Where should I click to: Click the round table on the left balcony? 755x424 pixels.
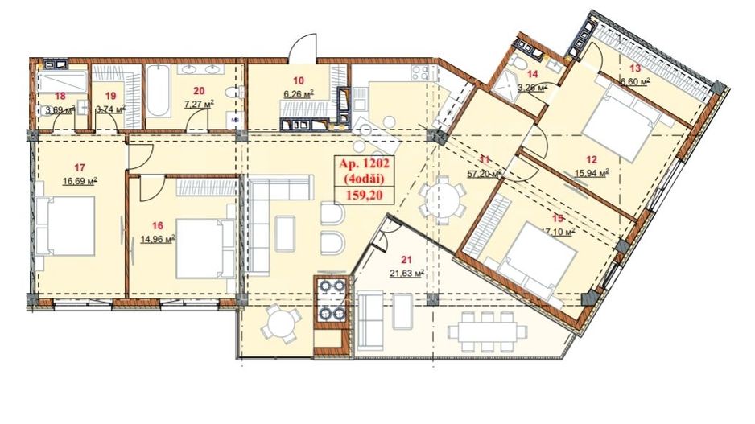[x=278, y=327]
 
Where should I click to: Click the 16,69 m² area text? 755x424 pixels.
[x=80, y=182]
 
